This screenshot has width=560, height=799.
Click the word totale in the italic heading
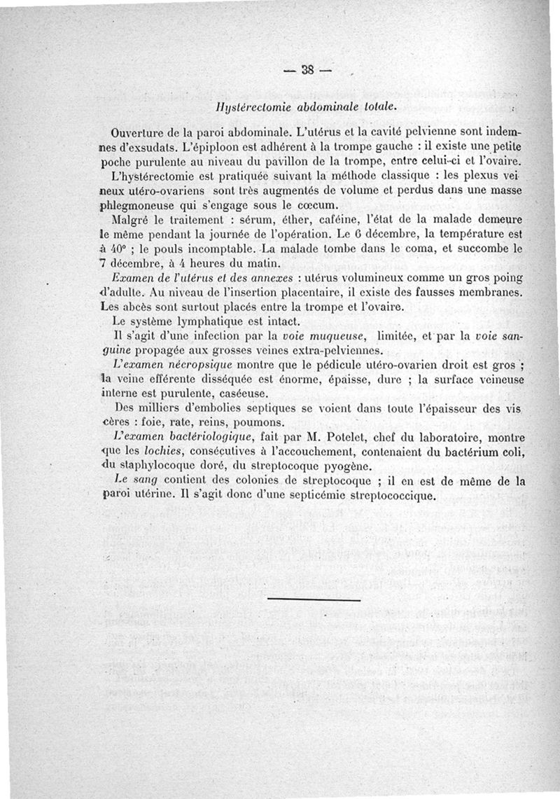pos(378,107)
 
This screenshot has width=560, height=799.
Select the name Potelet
pos(335,439)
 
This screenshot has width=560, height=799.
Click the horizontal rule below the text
pos(314,599)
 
